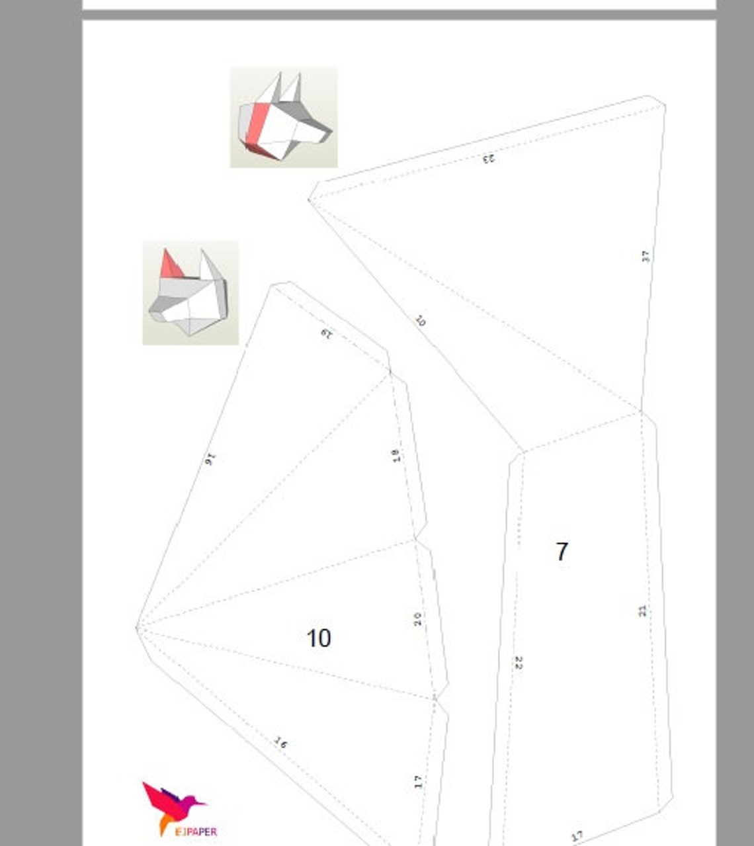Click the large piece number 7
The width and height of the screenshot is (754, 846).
562,551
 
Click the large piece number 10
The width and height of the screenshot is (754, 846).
318,638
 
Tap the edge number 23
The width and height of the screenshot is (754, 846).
488,158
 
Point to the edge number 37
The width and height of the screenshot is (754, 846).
646,256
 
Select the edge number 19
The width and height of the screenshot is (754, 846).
326,333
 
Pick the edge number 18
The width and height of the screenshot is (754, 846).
396,455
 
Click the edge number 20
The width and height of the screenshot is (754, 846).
417,619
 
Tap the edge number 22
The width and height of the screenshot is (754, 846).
519,663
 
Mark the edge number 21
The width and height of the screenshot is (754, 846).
643,611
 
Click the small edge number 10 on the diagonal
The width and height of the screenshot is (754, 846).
421,321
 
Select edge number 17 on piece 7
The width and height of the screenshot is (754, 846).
577,836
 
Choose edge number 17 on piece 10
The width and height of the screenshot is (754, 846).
418,782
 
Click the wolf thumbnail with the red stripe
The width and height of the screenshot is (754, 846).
284,117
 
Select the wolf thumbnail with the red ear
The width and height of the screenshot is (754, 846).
190,293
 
